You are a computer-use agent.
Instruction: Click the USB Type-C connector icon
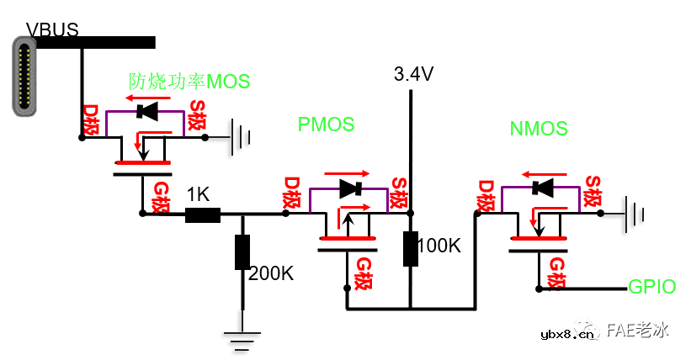coord(25,76)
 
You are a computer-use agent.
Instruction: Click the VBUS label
coord(52,30)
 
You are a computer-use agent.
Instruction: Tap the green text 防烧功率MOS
coord(189,82)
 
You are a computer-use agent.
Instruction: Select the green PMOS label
coord(326,124)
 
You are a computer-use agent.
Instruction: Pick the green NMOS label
coord(539,129)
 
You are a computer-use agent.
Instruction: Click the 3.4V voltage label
coord(413,75)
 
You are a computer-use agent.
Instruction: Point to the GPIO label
coord(652,287)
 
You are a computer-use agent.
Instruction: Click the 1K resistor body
coord(202,214)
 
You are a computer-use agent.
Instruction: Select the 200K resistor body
coord(242,252)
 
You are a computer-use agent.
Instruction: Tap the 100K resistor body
coord(411,248)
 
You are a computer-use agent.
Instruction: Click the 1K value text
coord(198,194)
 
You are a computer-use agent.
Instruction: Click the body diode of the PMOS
coord(348,189)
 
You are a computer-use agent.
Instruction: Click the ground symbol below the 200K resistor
coord(242,338)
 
